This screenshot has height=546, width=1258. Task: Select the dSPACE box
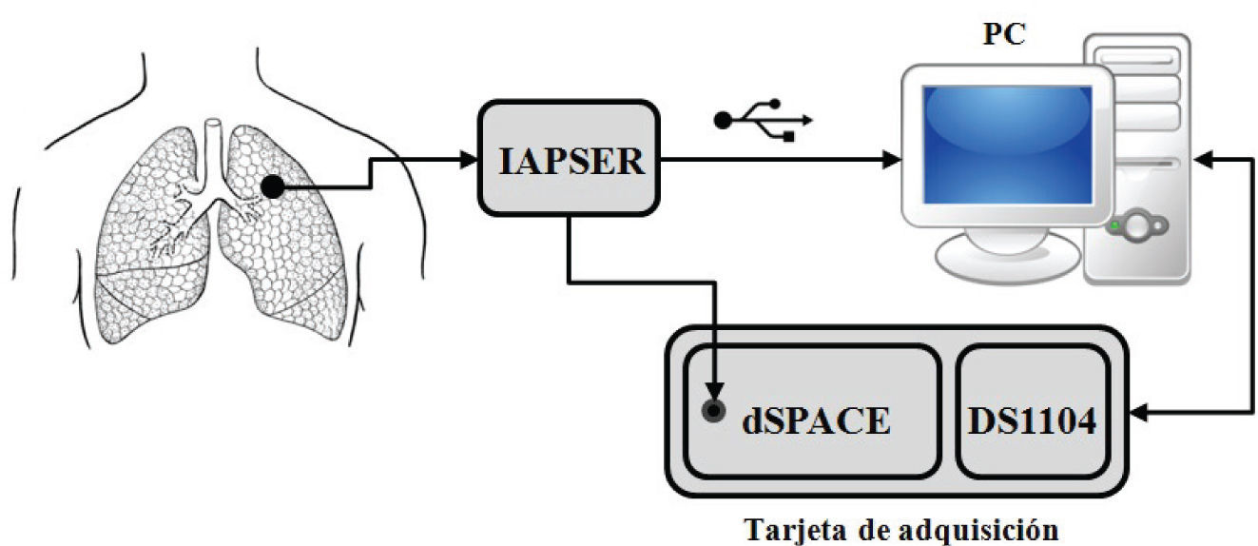pyautogui.click(x=809, y=410)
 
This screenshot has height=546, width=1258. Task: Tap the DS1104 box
pyautogui.click(x=1033, y=411)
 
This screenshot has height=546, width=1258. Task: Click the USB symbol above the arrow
pyautogui.click(x=764, y=119)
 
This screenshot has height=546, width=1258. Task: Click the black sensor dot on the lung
pyautogui.click(x=273, y=187)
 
